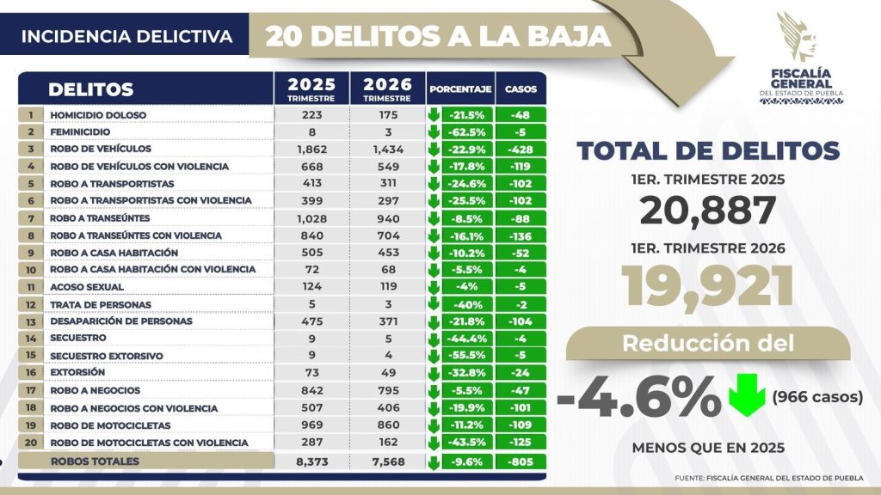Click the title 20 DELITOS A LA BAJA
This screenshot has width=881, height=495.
pyautogui.click(x=439, y=36)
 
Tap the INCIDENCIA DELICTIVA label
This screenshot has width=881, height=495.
pyautogui.click(x=126, y=37)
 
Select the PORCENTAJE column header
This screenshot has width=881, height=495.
pyautogui.click(x=460, y=89)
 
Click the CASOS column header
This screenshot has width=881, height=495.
pyautogui.click(x=521, y=89)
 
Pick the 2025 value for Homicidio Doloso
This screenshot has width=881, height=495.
pyautogui.click(x=311, y=114)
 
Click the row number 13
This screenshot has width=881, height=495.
pyautogui.click(x=30, y=321)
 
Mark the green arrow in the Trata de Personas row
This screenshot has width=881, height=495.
pyautogui.click(x=434, y=304)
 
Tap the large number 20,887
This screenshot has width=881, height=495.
pyautogui.click(x=707, y=211)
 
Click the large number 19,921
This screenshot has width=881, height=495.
pyautogui.click(x=707, y=287)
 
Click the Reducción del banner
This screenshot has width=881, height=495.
pyautogui.click(x=707, y=344)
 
